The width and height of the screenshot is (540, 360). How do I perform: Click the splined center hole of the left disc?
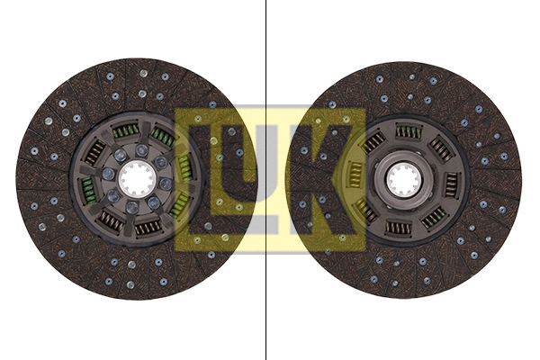click(136, 181)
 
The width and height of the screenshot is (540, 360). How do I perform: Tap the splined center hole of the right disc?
click(403, 180)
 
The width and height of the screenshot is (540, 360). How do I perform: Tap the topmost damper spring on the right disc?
click(409, 132)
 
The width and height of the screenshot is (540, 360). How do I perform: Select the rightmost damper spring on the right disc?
click(452, 184)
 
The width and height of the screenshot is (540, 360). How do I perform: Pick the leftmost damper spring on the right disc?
click(355, 176)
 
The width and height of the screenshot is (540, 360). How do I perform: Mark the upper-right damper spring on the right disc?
click(441, 148)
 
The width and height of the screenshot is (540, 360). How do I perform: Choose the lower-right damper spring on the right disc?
click(435, 217)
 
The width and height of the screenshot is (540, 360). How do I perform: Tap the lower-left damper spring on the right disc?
click(365, 211)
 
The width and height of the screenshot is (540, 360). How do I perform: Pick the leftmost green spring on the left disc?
click(88, 189)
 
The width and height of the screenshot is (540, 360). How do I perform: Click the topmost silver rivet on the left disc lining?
click(141, 73)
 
